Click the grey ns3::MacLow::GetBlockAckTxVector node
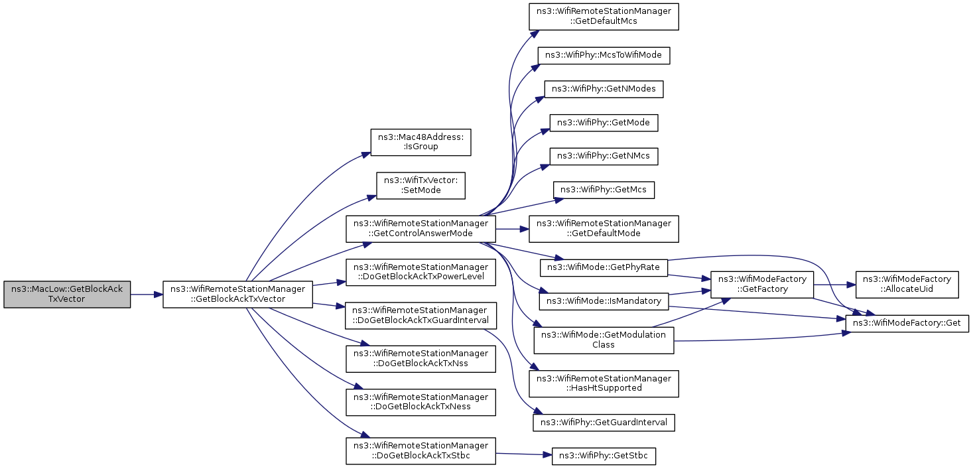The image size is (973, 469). point(67,295)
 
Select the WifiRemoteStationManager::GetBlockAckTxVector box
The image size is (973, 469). point(237,295)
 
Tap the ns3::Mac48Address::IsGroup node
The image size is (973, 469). point(421,142)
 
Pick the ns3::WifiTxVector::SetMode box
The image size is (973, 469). point(421,186)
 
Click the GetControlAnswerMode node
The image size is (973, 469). point(421,229)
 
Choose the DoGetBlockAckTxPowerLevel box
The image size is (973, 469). point(421,272)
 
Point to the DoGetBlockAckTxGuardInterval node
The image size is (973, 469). point(421,316)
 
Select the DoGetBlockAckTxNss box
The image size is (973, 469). point(421,359)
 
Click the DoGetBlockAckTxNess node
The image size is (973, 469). point(421,402)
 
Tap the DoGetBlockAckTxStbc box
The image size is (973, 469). point(421,451)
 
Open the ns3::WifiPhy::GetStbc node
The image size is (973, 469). point(604,456)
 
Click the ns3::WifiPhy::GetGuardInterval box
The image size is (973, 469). point(604,423)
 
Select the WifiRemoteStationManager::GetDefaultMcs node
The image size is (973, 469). point(604,17)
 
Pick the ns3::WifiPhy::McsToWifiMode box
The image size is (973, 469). point(604,56)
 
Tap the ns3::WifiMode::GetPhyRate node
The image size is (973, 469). point(604,267)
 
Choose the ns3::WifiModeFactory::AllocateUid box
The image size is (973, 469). point(907,285)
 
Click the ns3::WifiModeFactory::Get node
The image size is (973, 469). point(907,324)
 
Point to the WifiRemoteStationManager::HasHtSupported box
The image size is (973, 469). point(604,383)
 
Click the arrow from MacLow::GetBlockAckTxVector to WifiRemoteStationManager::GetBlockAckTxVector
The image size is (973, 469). point(147,295)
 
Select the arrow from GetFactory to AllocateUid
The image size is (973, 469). point(834,285)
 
